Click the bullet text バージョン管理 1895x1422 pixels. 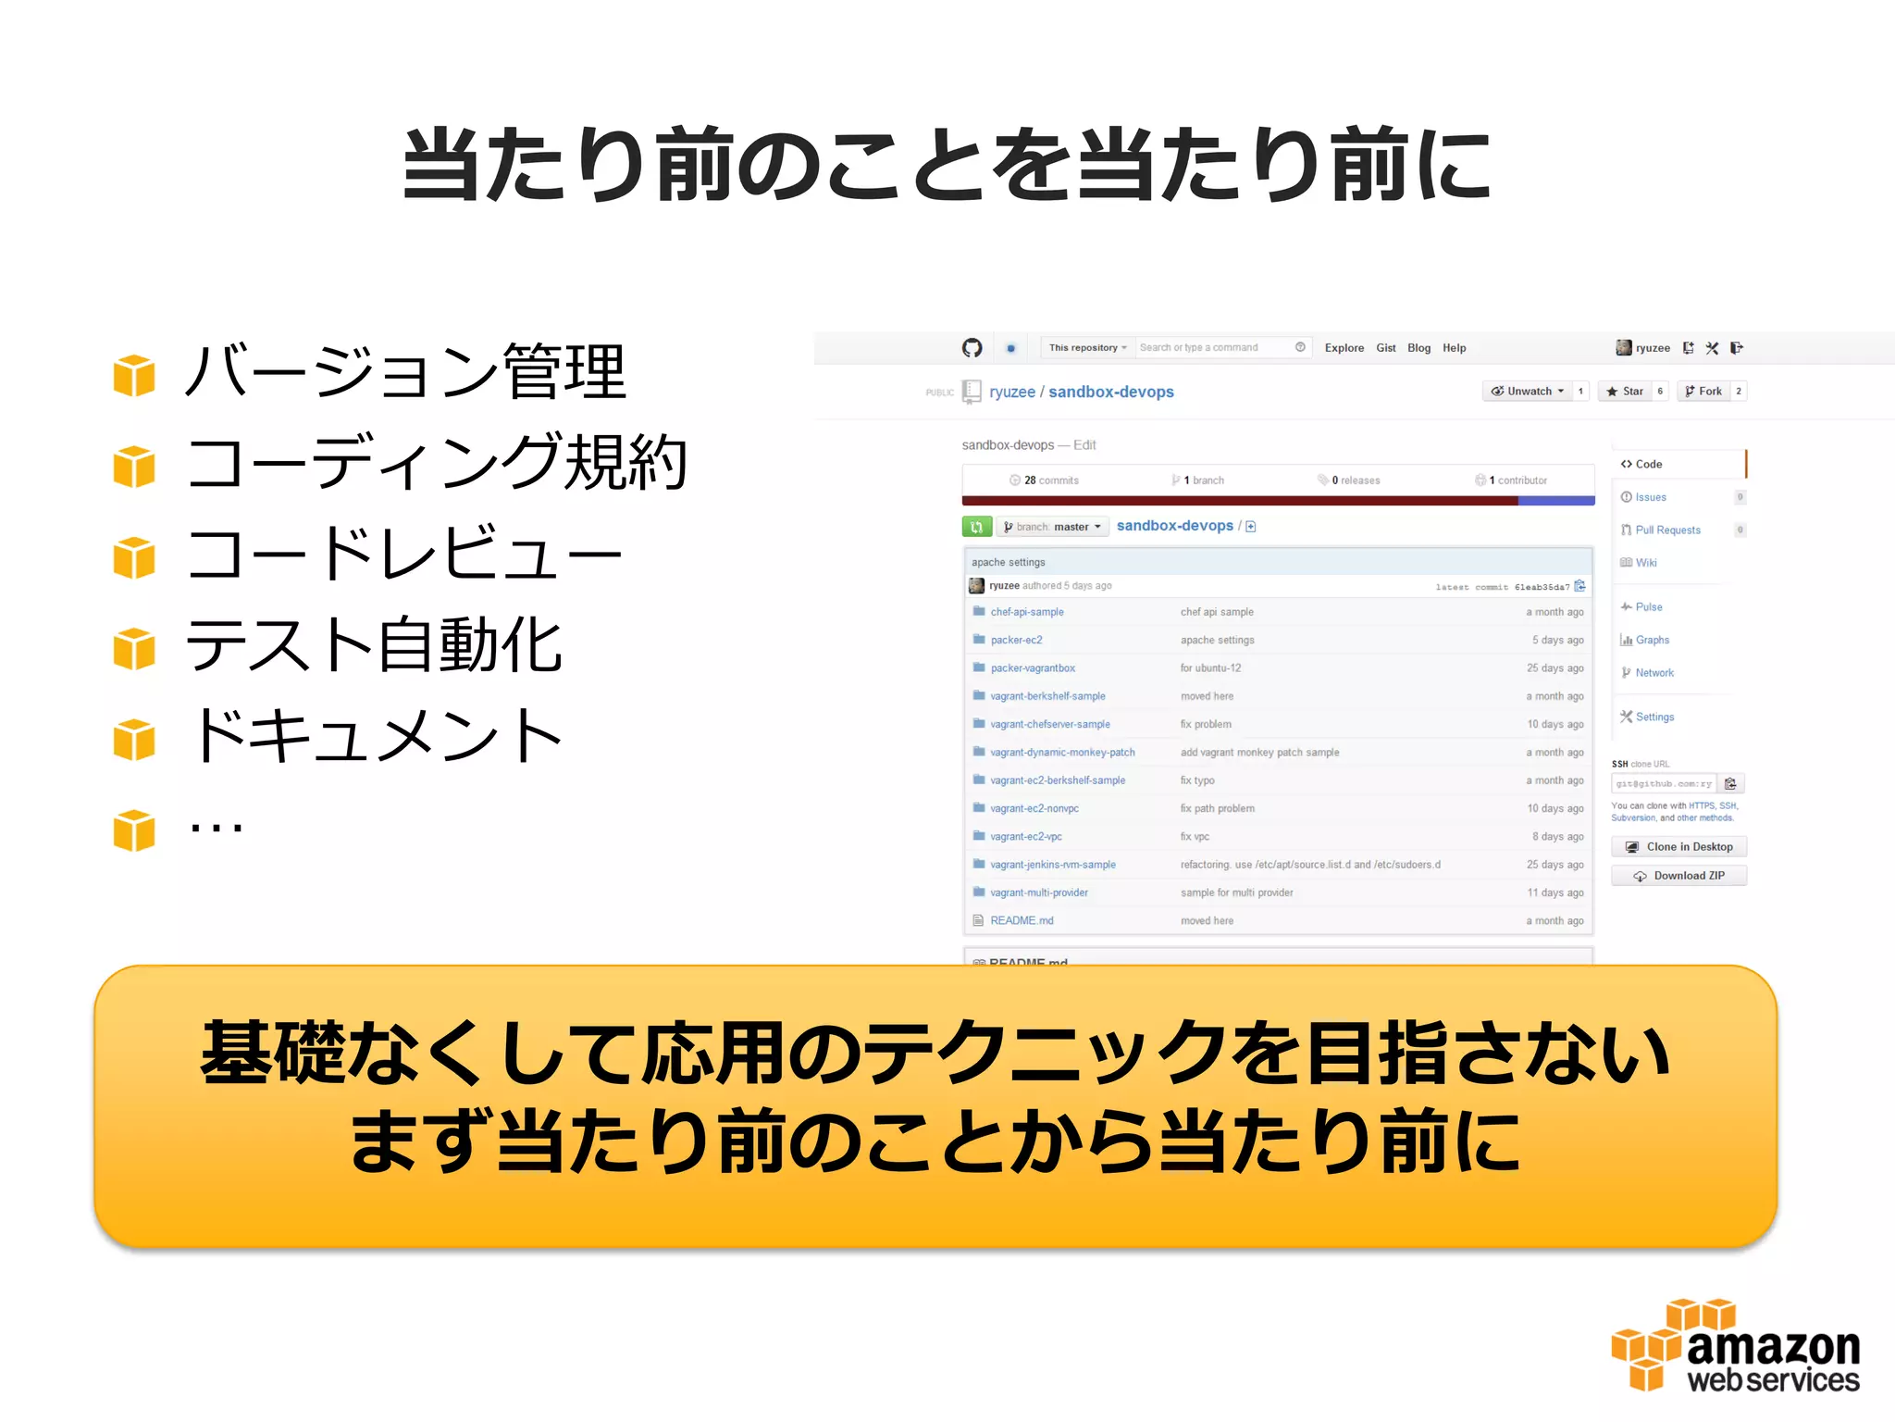pos(405,372)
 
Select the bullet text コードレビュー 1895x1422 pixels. pos(403,555)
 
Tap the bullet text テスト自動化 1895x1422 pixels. pos(374,645)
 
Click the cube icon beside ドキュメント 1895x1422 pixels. pos(134,740)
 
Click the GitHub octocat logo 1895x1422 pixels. pos(972,348)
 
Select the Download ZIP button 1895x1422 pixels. pos(1678,876)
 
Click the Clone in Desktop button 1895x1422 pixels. pos(1678,847)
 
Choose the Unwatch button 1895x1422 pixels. pos(1528,392)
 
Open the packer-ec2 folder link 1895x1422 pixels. pos(1016,640)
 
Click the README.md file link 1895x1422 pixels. pos(1022,920)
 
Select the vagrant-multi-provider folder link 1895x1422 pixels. pos(1039,892)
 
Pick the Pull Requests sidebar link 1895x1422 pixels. pos(1667,530)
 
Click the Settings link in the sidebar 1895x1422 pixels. pos(1654,717)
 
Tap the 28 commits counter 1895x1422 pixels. pos(1045,480)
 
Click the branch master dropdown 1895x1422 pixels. pos(1052,527)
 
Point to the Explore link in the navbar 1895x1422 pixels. pos(1344,348)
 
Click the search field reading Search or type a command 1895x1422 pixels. pos(1212,348)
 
